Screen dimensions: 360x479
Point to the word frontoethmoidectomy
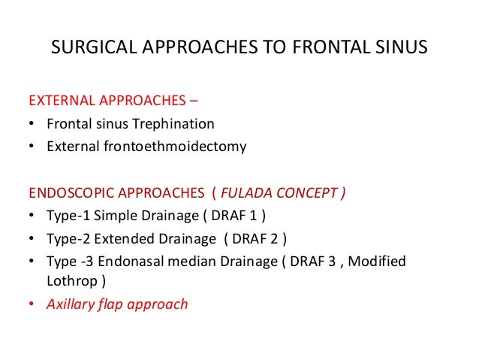click(173, 147)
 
